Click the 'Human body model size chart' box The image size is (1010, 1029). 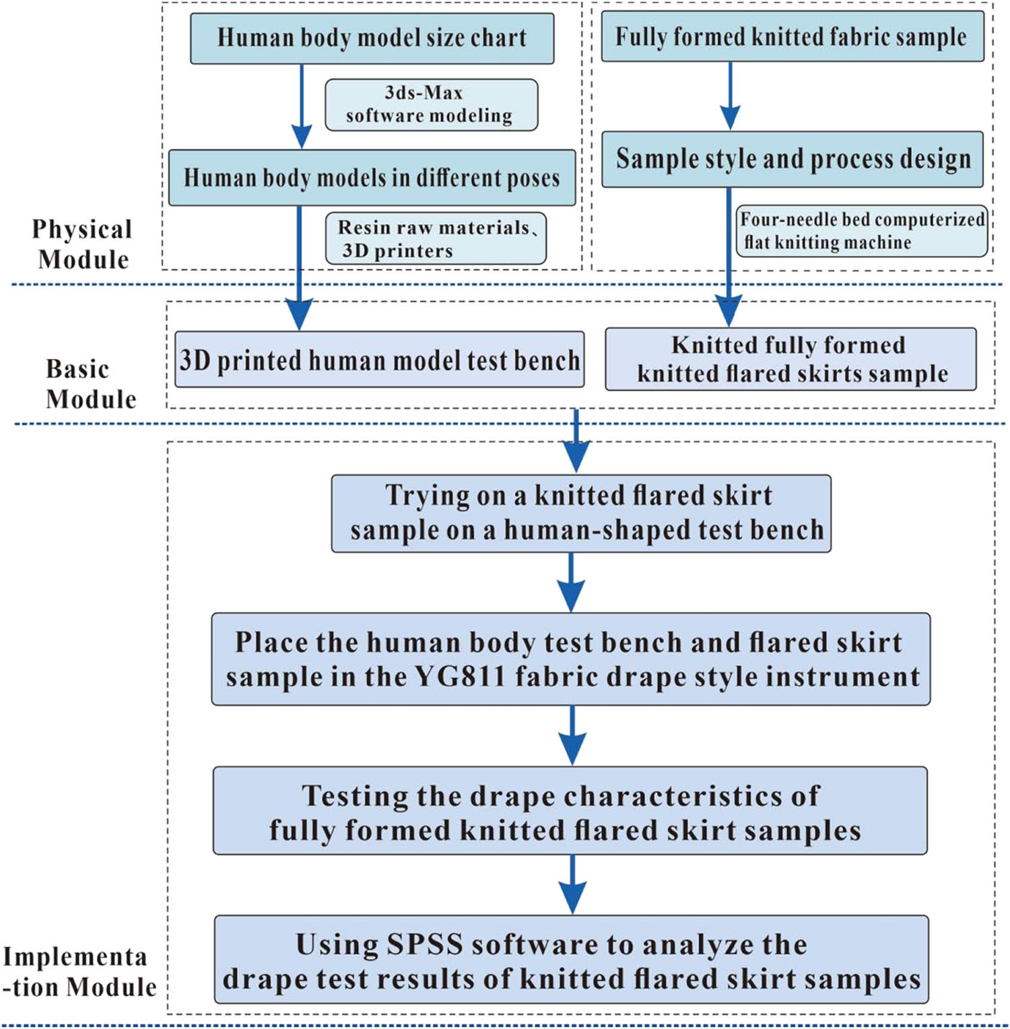coord(372,38)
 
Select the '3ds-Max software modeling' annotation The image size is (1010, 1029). coord(431,104)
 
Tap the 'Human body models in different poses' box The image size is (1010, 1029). coord(372,178)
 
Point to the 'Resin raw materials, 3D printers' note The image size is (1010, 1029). coord(436,238)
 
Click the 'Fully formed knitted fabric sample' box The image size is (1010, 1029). coord(792,37)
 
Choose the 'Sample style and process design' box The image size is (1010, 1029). coord(792,160)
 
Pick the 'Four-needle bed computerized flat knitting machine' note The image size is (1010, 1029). coord(861,231)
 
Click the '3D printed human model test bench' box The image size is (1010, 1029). coord(379,360)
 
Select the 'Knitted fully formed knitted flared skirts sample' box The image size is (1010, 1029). coord(790,359)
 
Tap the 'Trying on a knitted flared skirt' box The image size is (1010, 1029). coord(580,513)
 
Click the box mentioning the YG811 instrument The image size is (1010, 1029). coord(571,659)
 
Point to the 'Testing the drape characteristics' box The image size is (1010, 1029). coord(570,811)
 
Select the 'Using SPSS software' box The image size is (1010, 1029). coord(571,960)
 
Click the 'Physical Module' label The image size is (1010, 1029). coord(82,244)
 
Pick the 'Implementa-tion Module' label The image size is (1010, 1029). coord(78,972)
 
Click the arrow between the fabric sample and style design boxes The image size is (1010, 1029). coord(730,96)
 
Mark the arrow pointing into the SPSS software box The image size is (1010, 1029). coord(572,885)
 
